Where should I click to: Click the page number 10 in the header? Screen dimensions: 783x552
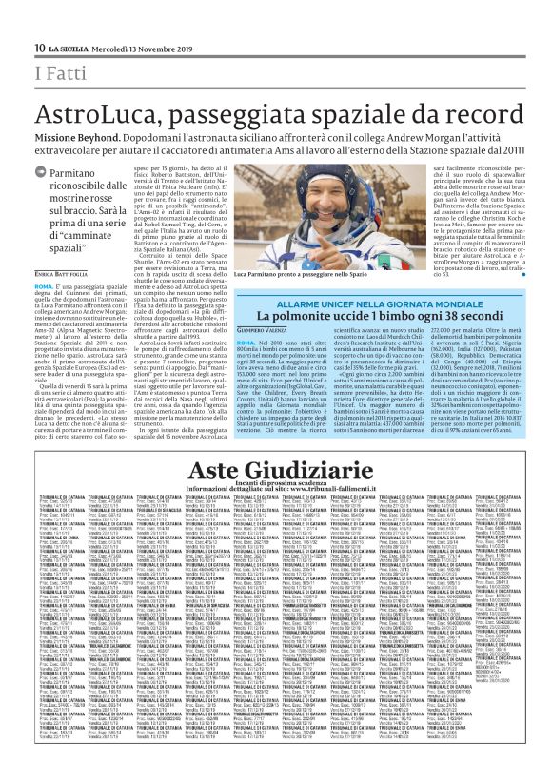pos(39,49)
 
